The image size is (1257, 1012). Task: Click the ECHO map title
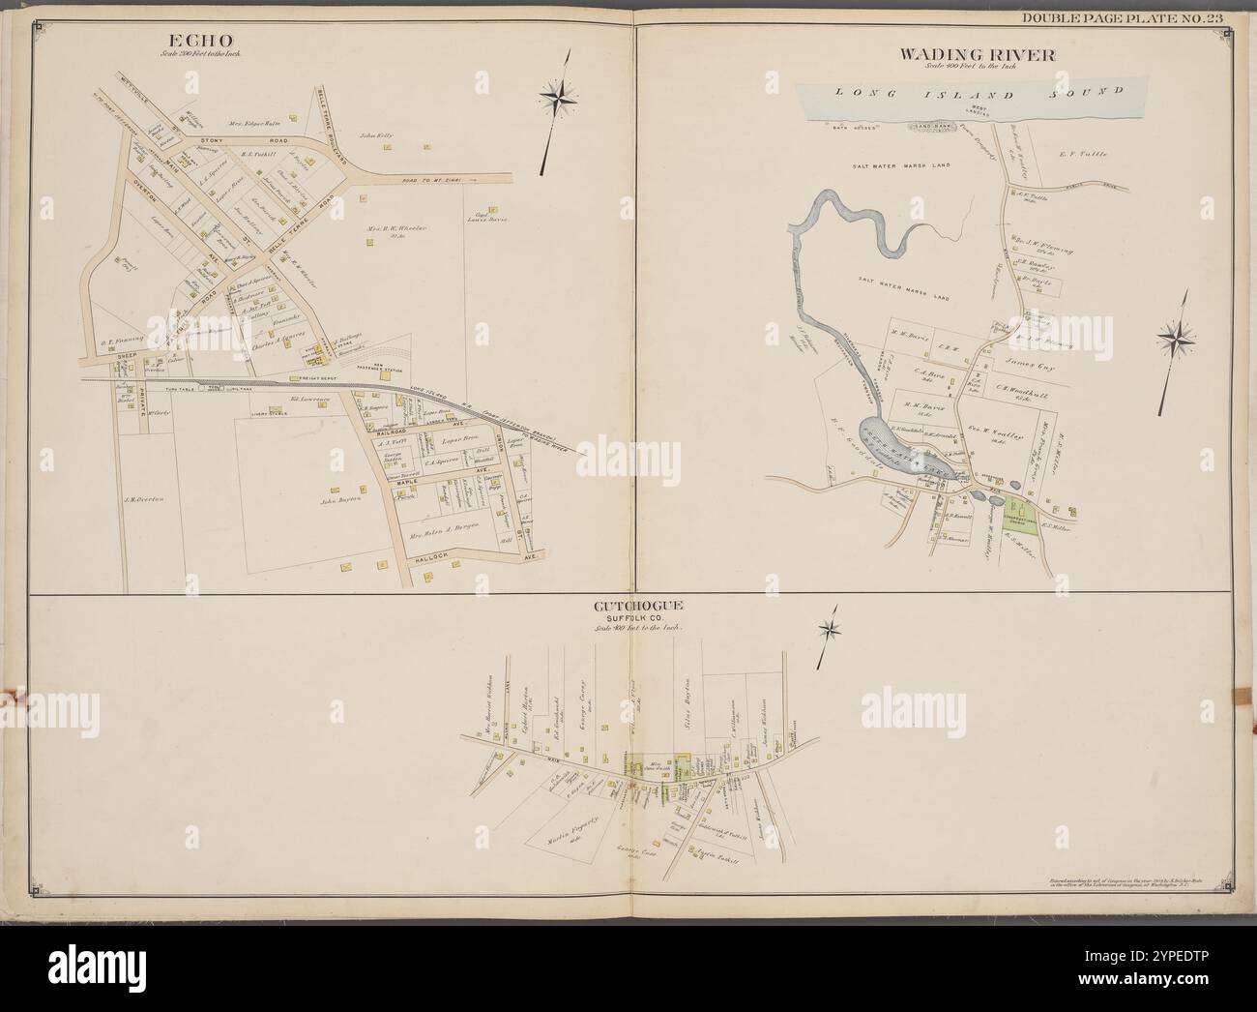click(201, 42)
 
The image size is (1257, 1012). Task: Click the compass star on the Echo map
click(557, 95)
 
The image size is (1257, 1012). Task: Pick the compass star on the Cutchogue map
click(829, 632)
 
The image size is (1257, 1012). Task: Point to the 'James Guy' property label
click(1034, 367)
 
